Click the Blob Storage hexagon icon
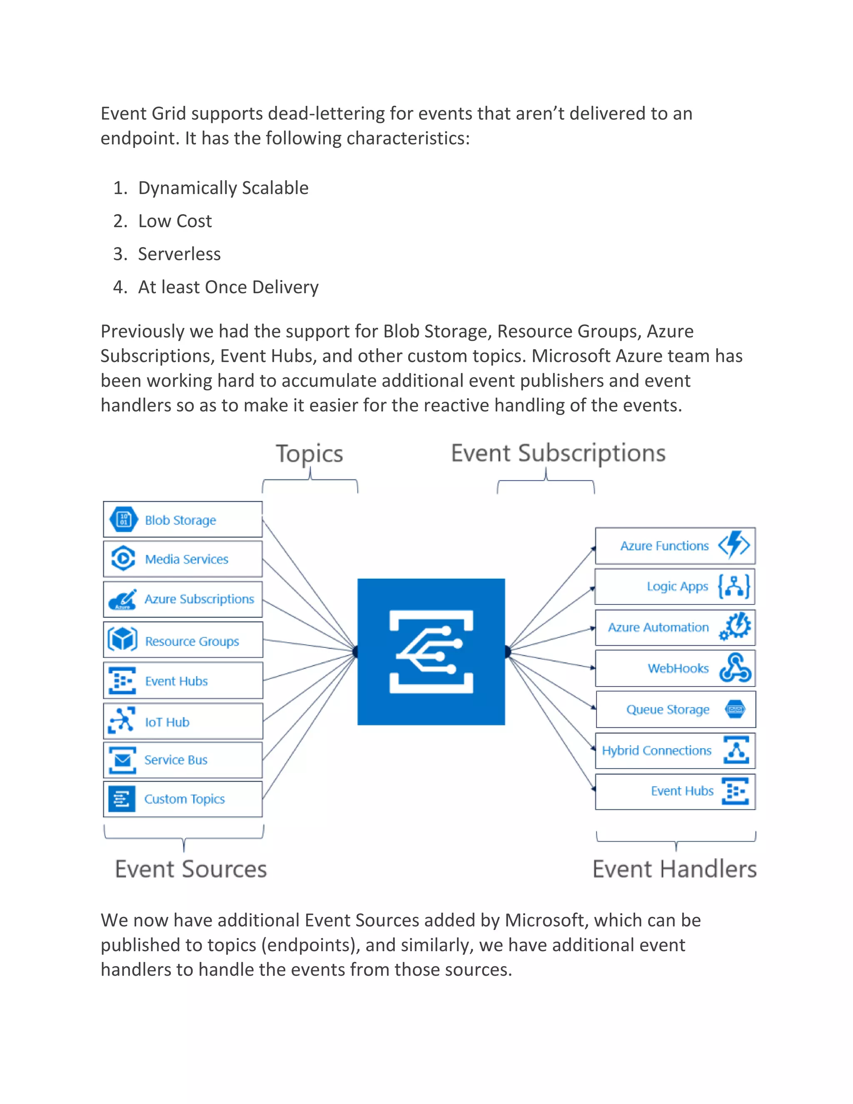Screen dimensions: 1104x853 (123, 519)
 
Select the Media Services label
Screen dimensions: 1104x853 (187, 559)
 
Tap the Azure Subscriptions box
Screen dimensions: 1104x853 (183, 599)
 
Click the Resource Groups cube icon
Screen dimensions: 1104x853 (122, 639)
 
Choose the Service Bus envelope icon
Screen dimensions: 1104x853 (122, 760)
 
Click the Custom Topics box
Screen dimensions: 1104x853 (183, 799)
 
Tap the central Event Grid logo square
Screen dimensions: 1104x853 (431, 652)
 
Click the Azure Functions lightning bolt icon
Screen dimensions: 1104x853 (734, 545)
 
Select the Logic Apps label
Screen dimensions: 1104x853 (677, 587)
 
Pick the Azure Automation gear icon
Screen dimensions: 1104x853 (736, 627)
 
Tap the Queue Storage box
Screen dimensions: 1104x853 (675, 709)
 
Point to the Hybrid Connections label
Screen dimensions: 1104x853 (656, 751)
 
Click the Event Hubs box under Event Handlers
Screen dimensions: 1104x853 (675, 791)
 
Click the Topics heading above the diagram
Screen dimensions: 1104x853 (309, 453)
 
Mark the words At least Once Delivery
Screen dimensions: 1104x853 (228, 287)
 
